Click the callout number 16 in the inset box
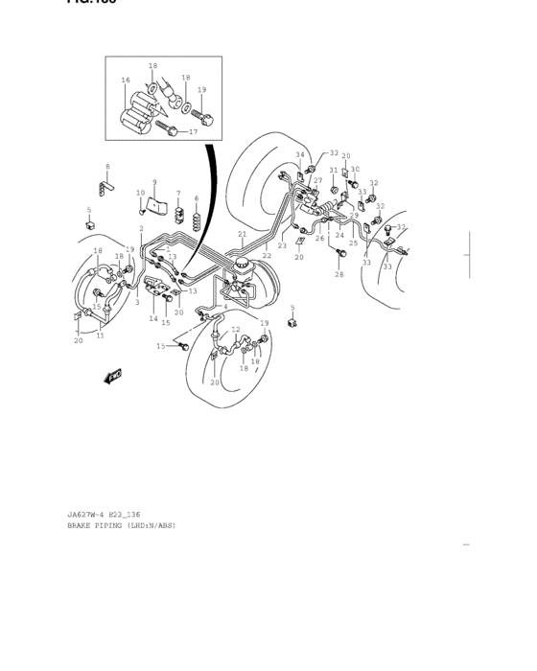click(126, 80)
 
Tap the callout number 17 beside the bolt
click(193, 131)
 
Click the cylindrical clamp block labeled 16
click(140, 110)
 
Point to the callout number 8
click(107, 167)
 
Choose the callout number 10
click(140, 194)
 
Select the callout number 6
click(197, 199)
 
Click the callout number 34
click(299, 154)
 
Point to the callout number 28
click(339, 274)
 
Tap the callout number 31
click(334, 171)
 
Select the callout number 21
click(243, 234)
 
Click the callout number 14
click(152, 318)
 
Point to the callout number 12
click(236, 330)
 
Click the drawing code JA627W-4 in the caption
click(89, 515)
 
